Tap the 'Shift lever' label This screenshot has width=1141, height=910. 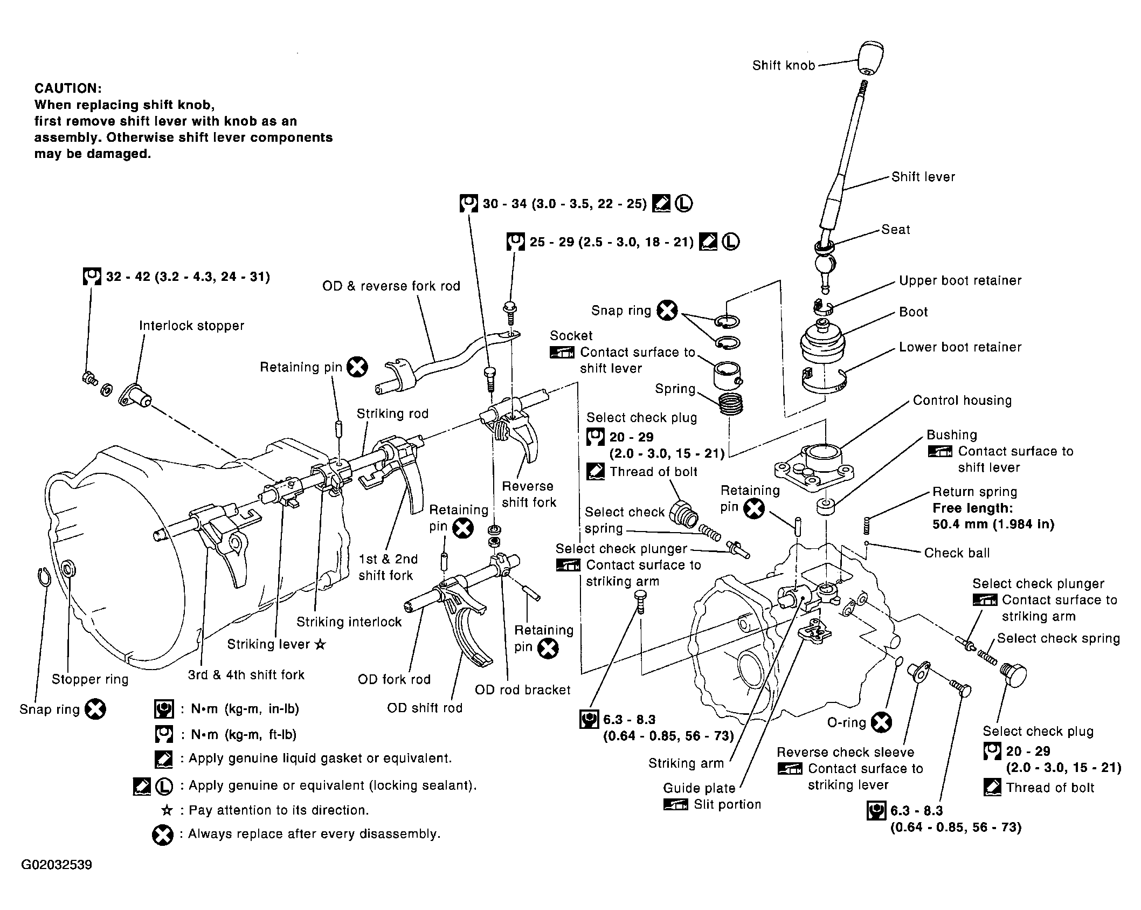point(923,177)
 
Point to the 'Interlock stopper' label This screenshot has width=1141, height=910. point(191,326)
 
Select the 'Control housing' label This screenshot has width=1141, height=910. point(962,400)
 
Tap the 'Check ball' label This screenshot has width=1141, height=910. point(957,553)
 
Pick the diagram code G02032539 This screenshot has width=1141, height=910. point(57,865)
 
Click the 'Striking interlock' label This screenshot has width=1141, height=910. point(349,622)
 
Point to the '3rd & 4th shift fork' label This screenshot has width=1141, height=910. point(246,674)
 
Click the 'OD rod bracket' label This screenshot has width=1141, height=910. point(522,690)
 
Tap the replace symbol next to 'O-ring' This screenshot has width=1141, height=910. point(882,722)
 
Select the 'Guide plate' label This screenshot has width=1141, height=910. point(699,788)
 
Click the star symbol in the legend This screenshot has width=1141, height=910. point(167,810)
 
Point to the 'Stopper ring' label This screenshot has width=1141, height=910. point(90,679)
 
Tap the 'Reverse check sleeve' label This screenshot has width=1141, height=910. point(845,752)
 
